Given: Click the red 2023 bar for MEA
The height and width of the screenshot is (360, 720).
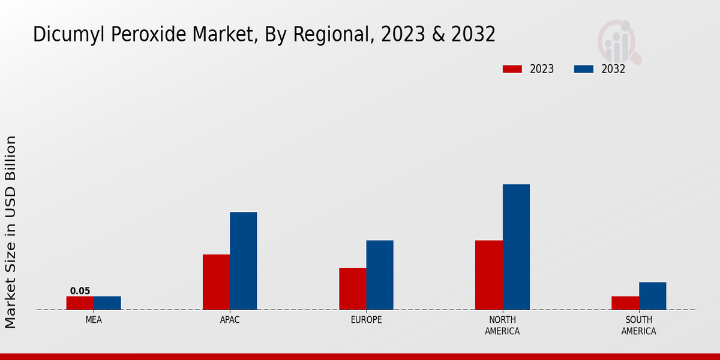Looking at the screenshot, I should click(80, 303).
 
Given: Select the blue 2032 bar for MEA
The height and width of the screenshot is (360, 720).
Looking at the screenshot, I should click(107, 303).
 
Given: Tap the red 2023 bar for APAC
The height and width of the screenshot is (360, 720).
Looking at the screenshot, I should click(216, 282).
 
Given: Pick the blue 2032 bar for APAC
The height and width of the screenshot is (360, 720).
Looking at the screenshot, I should click(243, 261).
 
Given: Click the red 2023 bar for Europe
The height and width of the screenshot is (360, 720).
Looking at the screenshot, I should click(352, 289).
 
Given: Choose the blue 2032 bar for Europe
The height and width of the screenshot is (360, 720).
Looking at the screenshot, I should click(380, 275).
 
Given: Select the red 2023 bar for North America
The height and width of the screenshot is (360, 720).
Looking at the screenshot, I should click(488, 275).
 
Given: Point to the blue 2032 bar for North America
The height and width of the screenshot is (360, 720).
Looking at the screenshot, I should click(516, 247).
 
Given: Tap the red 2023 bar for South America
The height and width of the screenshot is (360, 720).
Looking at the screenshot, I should click(625, 303).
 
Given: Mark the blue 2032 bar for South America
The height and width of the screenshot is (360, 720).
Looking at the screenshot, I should click(652, 296).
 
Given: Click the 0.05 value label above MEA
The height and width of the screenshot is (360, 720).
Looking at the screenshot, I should click(80, 291).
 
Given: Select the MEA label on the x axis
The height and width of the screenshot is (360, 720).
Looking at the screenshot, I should click(94, 320).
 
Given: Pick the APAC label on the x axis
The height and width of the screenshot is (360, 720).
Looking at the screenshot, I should click(230, 320).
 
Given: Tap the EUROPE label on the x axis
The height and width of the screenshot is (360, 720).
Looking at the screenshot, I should click(366, 320).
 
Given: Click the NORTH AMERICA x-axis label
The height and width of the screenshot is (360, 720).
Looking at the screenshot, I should click(502, 325).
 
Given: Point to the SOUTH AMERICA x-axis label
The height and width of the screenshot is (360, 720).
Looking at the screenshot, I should click(638, 325).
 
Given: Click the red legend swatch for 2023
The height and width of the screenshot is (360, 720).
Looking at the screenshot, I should click(512, 69).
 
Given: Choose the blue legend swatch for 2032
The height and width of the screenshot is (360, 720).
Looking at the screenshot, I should click(583, 69).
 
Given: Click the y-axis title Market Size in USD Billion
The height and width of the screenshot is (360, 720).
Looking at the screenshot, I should click(11, 232).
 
